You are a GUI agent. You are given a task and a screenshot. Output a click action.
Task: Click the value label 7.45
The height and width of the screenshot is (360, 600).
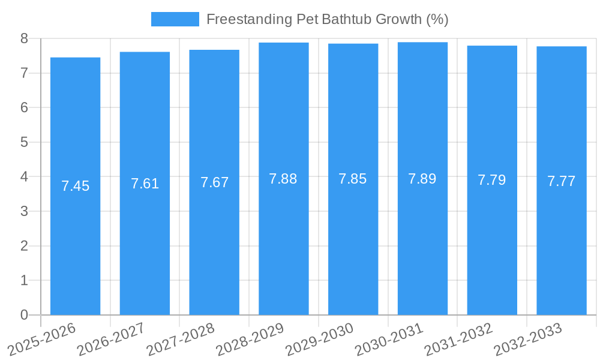(75, 186)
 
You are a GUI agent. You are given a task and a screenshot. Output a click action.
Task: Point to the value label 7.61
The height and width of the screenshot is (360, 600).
(145, 184)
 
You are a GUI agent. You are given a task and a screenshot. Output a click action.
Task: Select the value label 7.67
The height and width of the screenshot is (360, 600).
(214, 182)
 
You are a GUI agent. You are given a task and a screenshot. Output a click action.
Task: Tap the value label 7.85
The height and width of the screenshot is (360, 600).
(353, 179)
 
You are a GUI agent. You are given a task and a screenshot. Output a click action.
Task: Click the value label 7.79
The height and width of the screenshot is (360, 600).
(491, 180)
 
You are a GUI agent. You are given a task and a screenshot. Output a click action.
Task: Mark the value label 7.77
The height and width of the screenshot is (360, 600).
(562, 181)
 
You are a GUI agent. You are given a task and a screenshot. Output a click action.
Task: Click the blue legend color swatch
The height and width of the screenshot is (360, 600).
(175, 19)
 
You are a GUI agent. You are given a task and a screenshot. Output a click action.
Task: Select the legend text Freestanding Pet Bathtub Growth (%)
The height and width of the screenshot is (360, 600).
(327, 19)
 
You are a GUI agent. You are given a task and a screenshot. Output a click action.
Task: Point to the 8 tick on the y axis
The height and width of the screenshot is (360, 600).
(24, 38)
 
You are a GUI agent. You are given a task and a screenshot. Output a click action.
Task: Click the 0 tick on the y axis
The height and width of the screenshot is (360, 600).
(24, 315)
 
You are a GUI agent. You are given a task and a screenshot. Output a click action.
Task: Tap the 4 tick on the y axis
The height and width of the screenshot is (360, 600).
(24, 177)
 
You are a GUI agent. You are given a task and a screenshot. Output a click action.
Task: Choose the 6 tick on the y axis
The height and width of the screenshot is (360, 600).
(24, 108)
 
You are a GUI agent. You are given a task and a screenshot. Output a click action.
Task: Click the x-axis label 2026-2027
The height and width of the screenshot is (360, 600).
(112, 339)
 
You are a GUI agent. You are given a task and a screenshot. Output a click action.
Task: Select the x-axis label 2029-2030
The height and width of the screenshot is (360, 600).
(320, 339)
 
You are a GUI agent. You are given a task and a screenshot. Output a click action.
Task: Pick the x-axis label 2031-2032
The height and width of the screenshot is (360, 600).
(459, 339)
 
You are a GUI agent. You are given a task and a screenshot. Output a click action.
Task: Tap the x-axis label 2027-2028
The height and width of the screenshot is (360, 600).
(181, 339)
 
